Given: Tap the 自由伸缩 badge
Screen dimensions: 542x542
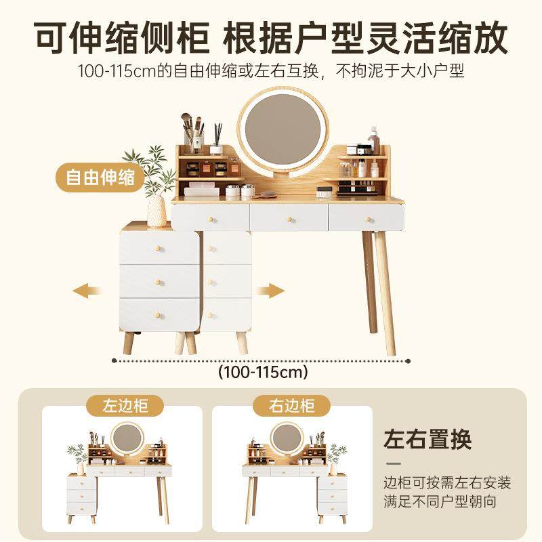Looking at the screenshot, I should (x=100, y=178).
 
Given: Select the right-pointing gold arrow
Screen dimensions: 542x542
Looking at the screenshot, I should (x=269, y=291).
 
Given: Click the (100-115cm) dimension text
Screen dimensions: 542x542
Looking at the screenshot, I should (x=263, y=372).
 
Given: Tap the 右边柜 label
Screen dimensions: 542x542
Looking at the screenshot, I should (x=293, y=406).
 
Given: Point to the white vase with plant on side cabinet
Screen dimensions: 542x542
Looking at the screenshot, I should (x=156, y=207).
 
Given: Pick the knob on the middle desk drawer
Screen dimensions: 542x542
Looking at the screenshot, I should (x=289, y=218).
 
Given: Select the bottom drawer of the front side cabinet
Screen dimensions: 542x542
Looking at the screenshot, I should (x=160, y=314).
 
